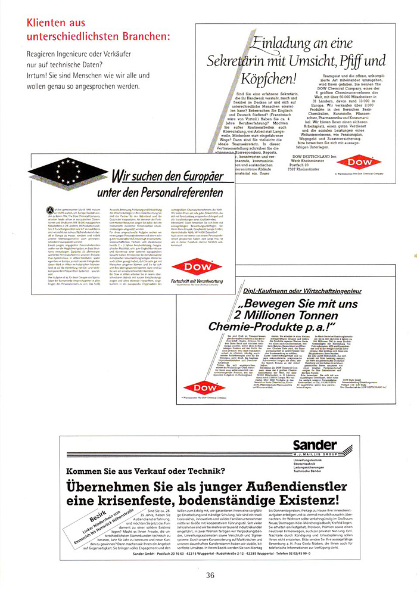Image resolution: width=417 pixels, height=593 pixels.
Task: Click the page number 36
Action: click(210, 575)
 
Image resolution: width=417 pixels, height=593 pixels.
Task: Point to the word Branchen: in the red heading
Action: click(144, 37)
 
